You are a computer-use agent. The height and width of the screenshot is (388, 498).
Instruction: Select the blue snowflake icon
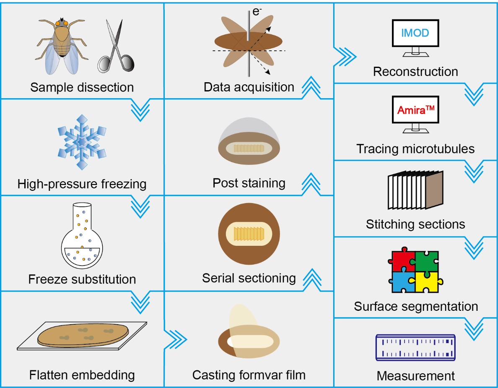click(82, 142)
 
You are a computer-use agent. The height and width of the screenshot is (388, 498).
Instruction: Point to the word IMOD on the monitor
click(415, 33)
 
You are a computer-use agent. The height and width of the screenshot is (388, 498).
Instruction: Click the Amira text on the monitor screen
click(415, 109)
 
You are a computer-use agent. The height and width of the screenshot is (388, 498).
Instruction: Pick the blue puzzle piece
click(402, 281)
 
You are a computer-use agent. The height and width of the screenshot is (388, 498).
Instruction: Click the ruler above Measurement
click(415, 347)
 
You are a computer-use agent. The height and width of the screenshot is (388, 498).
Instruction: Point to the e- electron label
click(257, 11)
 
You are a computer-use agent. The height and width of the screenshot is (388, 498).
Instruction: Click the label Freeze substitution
click(82, 279)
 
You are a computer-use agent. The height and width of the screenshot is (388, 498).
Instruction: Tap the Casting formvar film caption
click(249, 375)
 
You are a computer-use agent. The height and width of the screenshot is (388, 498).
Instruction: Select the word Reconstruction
click(415, 72)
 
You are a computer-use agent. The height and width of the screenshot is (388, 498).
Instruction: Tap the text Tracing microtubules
click(415, 149)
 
